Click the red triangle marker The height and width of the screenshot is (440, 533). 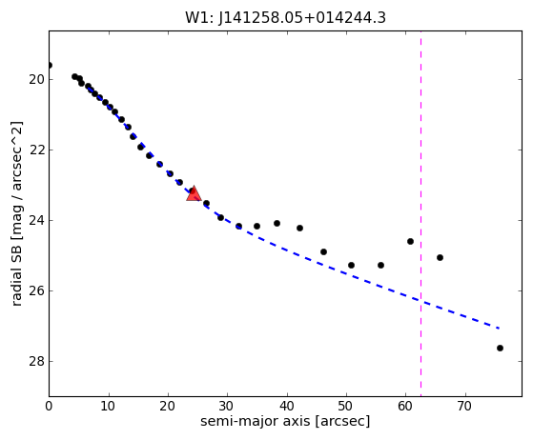coord(194,193)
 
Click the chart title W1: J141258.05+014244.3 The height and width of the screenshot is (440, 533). coord(285,18)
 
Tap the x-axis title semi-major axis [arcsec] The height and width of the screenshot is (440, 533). coord(285,421)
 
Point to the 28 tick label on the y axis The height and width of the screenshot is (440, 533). coord(36,361)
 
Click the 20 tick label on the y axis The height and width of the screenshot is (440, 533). coord(36,79)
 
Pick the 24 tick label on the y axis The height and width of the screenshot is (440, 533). coord(36,220)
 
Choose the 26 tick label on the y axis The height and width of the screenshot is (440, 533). coord(36,291)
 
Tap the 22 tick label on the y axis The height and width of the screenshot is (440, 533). coord(36,150)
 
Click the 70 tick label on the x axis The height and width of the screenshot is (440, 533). coord(464,406)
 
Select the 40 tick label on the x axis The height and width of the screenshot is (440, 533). coord(287,406)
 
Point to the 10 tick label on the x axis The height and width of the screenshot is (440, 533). coord(109,406)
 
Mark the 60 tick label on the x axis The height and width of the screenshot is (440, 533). coord(405,406)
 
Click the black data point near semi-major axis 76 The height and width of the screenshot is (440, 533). coord(500,348)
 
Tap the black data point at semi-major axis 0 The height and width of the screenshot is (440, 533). coord(50,65)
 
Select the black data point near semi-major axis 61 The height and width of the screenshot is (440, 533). coord(410,241)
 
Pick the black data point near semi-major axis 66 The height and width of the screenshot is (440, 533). coord(440,258)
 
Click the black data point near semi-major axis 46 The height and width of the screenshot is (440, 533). coord(323,252)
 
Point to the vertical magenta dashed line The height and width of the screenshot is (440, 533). coord(420,213)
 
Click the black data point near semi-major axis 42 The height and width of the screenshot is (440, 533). coord(299,229)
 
